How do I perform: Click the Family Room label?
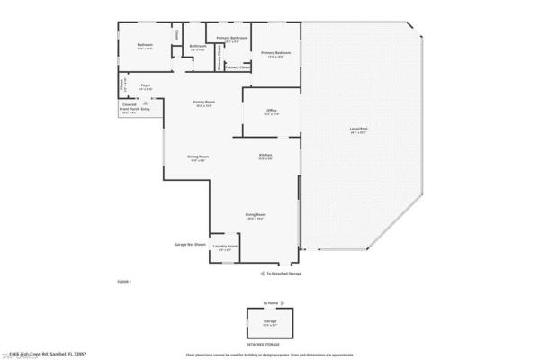click(x=204, y=102)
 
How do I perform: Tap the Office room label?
click(x=271, y=110)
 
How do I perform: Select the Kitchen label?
click(x=265, y=156)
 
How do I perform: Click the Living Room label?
click(x=256, y=214)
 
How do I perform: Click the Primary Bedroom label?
click(x=276, y=53)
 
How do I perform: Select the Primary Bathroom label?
click(x=232, y=38)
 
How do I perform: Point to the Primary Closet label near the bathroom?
click(x=238, y=67)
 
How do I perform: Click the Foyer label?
click(x=145, y=85)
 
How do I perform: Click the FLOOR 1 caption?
click(x=125, y=282)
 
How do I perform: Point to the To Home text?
click(x=271, y=303)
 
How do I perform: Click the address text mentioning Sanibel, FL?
click(x=57, y=352)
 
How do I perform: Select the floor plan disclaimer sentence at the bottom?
click(x=270, y=354)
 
